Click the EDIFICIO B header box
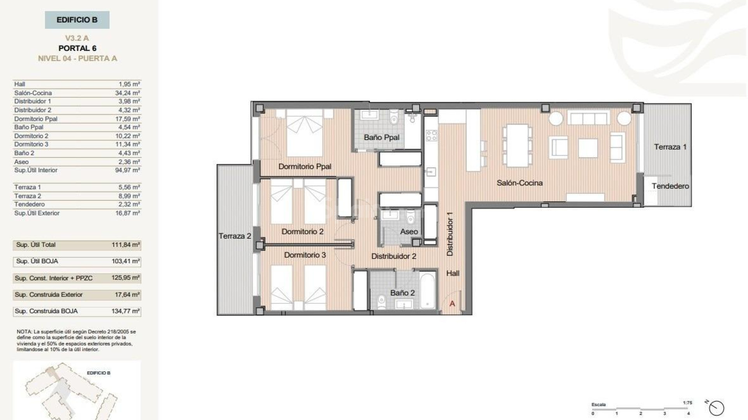tap(77, 20)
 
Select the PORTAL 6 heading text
tap(77, 48)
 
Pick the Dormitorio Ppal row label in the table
tap(36, 119)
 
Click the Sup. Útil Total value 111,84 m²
tap(125, 245)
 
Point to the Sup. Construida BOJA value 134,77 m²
tap(125, 311)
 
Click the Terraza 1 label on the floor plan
tap(670, 147)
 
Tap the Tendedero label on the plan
tap(670, 186)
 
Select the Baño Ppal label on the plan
tap(381, 137)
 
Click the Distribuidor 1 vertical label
tap(450, 234)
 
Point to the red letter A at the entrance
tap(452, 304)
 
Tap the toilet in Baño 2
tap(382, 300)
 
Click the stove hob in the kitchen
tap(431, 135)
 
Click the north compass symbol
tap(716, 408)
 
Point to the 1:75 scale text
tap(687, 403)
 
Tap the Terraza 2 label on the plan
tap(235, 236)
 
